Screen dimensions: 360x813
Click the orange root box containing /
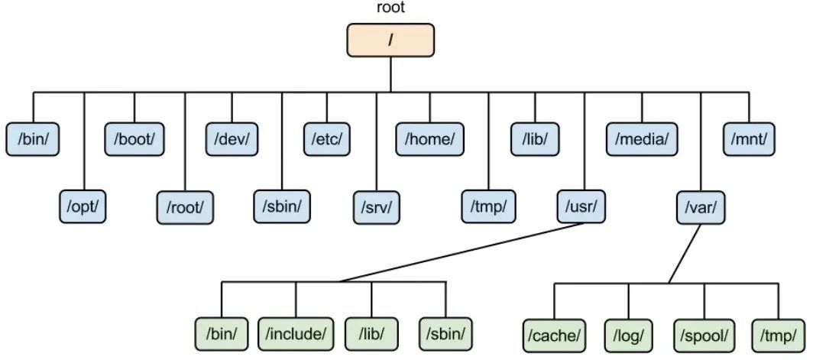(390, 40)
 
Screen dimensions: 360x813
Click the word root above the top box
(390, 8)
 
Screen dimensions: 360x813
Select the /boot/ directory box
(134, 139)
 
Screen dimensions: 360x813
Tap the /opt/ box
(83, 206)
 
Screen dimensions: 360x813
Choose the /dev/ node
(232, 139)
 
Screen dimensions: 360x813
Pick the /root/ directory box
(184, 206)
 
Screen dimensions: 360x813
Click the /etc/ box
(327, 139)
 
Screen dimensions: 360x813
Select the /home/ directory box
(430, 139)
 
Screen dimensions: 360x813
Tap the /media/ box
(642, 139)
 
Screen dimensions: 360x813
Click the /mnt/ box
(750, 139)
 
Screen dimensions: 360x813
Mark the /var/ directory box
(701, 206)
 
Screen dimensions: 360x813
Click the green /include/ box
(296, 333)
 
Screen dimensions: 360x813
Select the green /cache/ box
(555, 334)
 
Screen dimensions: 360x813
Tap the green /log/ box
(629, 334)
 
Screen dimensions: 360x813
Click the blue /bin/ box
(33, 139)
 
